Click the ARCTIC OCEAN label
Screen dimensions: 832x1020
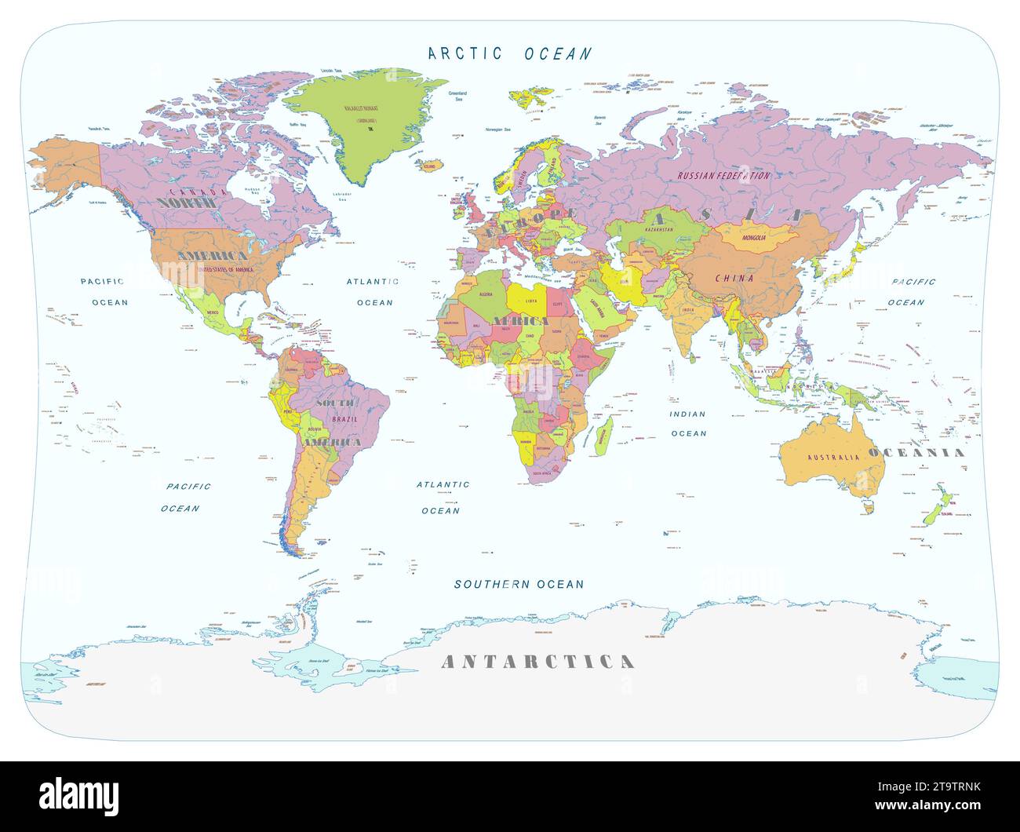(510, 53)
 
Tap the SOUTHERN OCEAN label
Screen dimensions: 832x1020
(519, 584)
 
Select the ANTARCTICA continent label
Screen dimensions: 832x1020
(537, 662)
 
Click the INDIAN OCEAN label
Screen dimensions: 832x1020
(687, 423)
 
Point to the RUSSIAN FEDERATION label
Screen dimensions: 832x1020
(723, 176)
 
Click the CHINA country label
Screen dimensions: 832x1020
(734, 278)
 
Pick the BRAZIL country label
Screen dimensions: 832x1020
(344, 420)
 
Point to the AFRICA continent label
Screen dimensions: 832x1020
(521, 321)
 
